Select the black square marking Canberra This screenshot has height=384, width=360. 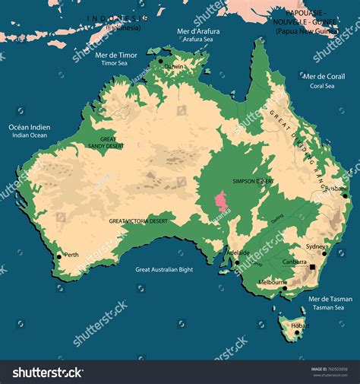tap(312, 268)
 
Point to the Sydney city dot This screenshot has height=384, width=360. tap(324, 253)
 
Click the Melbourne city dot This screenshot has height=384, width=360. tap(286, 287)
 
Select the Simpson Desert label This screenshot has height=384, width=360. tap(253, 182)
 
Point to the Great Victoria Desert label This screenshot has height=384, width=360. tap(137, 221)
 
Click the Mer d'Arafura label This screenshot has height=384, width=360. tap(198, 32)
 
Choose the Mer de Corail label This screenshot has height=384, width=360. tap(324, 77)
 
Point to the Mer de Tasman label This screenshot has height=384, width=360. tap(329, 299)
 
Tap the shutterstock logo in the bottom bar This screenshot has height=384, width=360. tap(48, 372)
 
